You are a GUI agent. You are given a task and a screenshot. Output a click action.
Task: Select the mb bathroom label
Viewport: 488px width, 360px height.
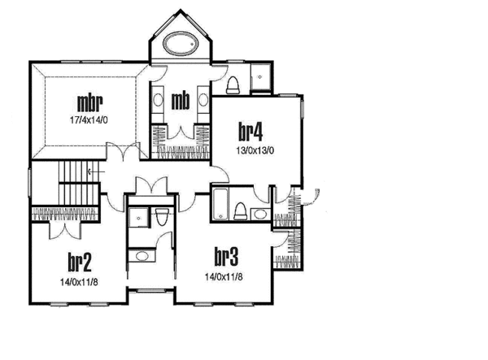point(181,101)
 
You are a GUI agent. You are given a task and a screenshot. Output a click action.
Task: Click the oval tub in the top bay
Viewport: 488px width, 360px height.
point(180,45)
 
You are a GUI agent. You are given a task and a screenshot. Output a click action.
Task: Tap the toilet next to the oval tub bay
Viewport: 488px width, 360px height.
point(233,85)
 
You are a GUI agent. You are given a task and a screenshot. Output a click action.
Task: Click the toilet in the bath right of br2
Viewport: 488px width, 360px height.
point(162,217)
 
